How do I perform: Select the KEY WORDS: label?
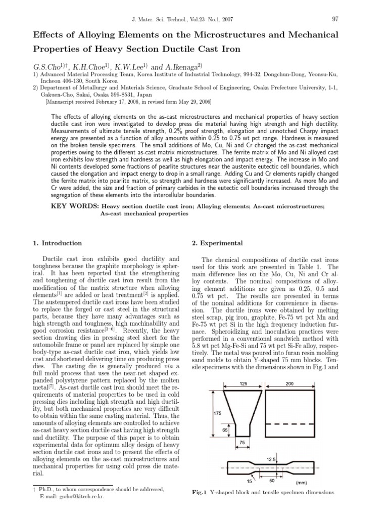[74, 206]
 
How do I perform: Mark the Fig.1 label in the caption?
[200, 492]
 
